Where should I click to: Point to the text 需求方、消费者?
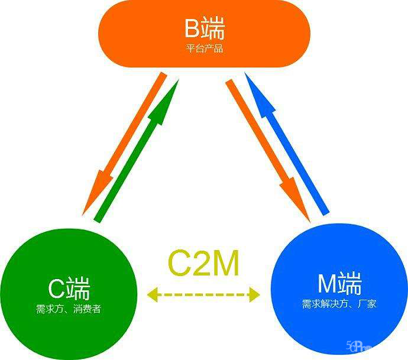(x=69, y=308)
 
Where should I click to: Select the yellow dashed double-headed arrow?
(x=204, y=293)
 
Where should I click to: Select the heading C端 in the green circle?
(x=69, y=288)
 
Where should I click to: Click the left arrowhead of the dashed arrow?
(x=153, y=293)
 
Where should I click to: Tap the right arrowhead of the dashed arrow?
(x=255, y=293)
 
